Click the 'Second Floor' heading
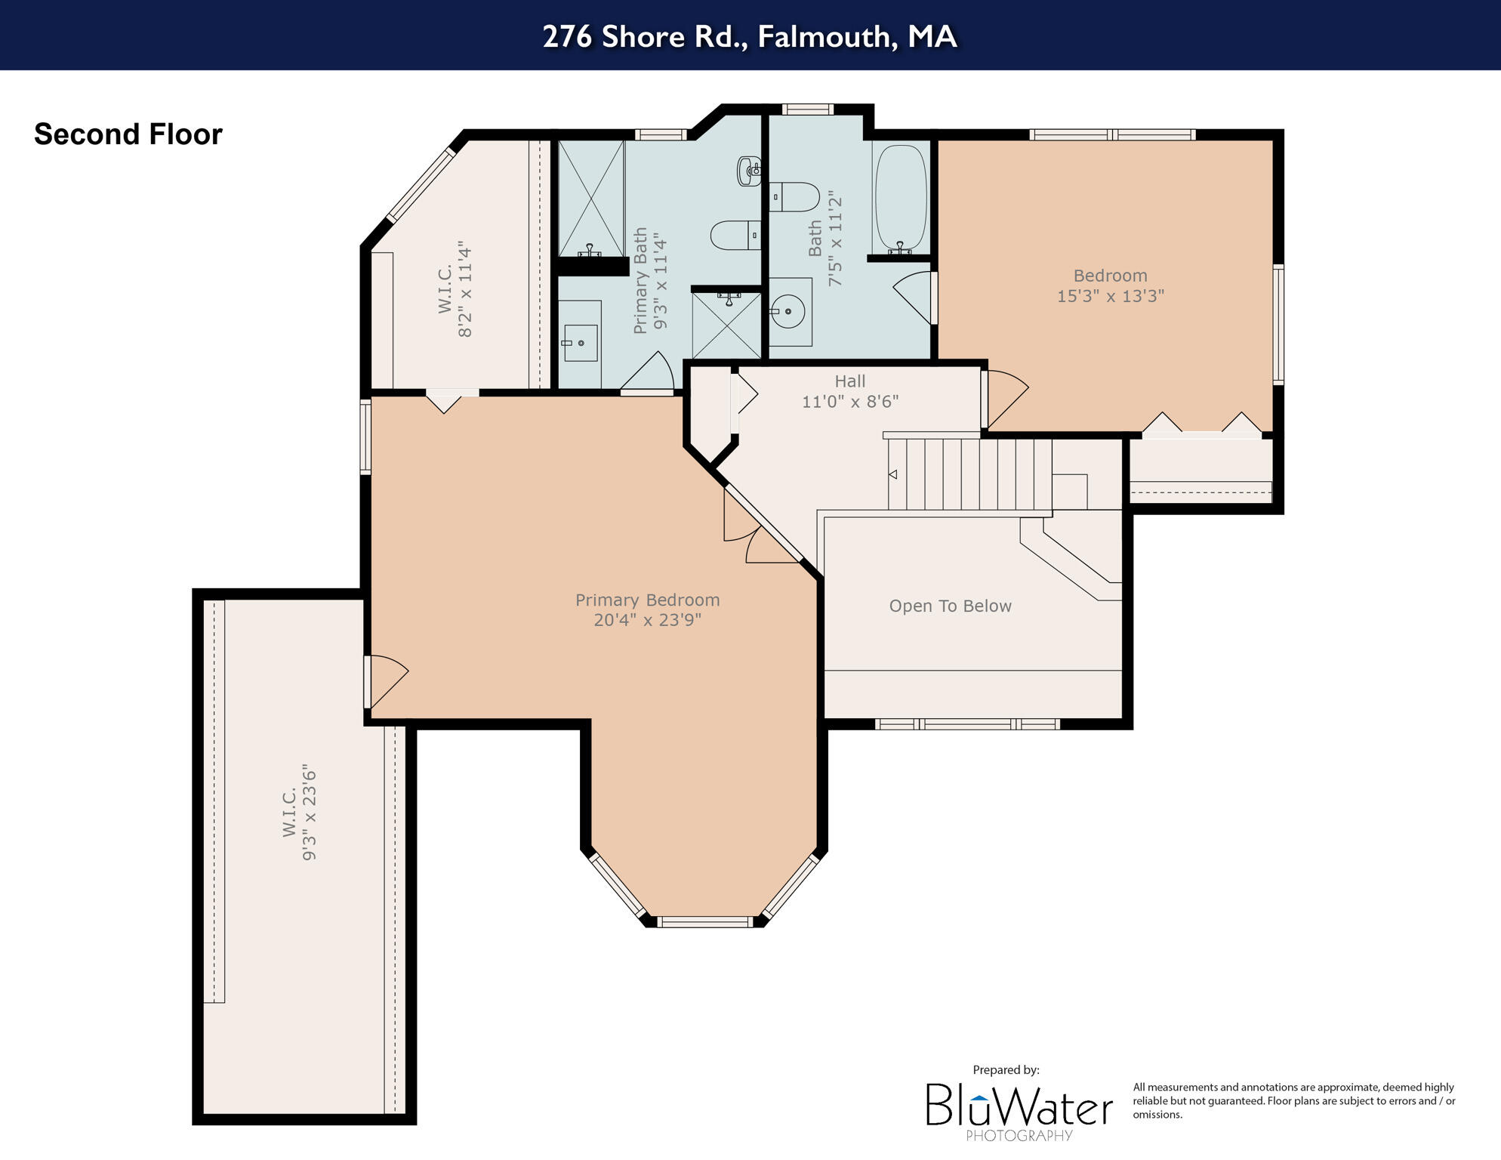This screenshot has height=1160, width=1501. pyautogui.click(x=128, y=134)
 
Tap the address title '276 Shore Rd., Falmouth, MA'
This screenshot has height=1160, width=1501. pyautogui.click(x=750, y=36)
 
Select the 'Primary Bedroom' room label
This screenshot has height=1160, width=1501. pyautogui.click(x=647, y=600)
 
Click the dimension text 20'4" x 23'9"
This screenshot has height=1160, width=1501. pyautogui.click(x=647, y=620)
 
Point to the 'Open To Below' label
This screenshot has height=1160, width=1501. pyautogui.click(x=950, y=606)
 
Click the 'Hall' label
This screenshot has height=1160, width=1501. pyautogui.click(x=849, y=381)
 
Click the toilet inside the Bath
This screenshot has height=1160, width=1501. pyautogui.click(x=795, y=197)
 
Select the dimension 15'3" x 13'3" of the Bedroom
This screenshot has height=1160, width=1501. pyautogui.click(x=1110, y=296)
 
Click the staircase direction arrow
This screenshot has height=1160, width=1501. pyautogui.click(x=892, y=474)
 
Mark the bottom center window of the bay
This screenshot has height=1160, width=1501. pyautogui.click(x=704, y=921)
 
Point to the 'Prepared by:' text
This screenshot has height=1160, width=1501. pyautogui.click(x=1006, y=1069)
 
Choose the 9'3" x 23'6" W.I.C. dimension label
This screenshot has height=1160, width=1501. pyautogui.click(x=309, y=812)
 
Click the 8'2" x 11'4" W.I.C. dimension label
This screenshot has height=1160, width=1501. pyautogui.click(x=464, y=289)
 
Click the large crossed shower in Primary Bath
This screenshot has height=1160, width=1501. pyautogui.click(x=591, y=198)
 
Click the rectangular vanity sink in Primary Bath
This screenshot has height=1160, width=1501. pyautogui.click(x=581, y=343)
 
